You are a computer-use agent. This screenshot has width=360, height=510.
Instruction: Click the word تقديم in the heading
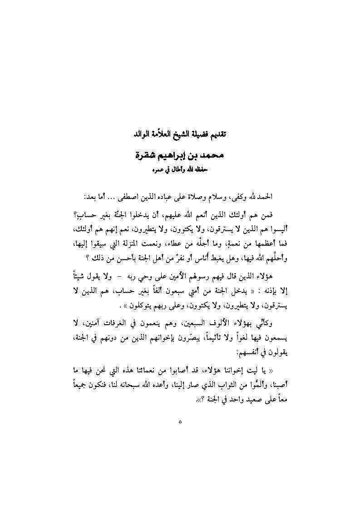[222, 135]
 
